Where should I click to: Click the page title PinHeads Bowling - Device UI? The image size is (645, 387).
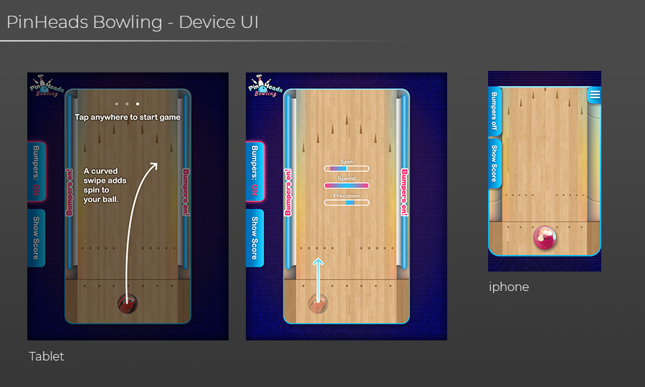click(x=133, y=22)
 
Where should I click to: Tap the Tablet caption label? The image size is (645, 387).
click(x=47, y=356)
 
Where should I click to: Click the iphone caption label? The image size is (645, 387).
click(x=509, y=287)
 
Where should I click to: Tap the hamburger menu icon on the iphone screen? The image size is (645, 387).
click(x=594, y=95)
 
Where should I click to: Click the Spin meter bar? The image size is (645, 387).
click(x=346, y=168)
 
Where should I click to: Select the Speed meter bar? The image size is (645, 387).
click(x=346, y=186)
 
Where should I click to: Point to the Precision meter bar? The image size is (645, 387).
click(x=346, y=203)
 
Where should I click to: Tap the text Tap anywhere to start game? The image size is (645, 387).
click(x=128, y=117)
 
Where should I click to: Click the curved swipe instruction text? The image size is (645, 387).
click(x=105, y=185)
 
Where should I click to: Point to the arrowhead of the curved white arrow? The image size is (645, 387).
click(x=153, y=166)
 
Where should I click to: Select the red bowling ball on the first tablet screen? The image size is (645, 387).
click(x=128, y=304)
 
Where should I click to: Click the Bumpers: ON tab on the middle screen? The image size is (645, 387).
click(x=254, y=171)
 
